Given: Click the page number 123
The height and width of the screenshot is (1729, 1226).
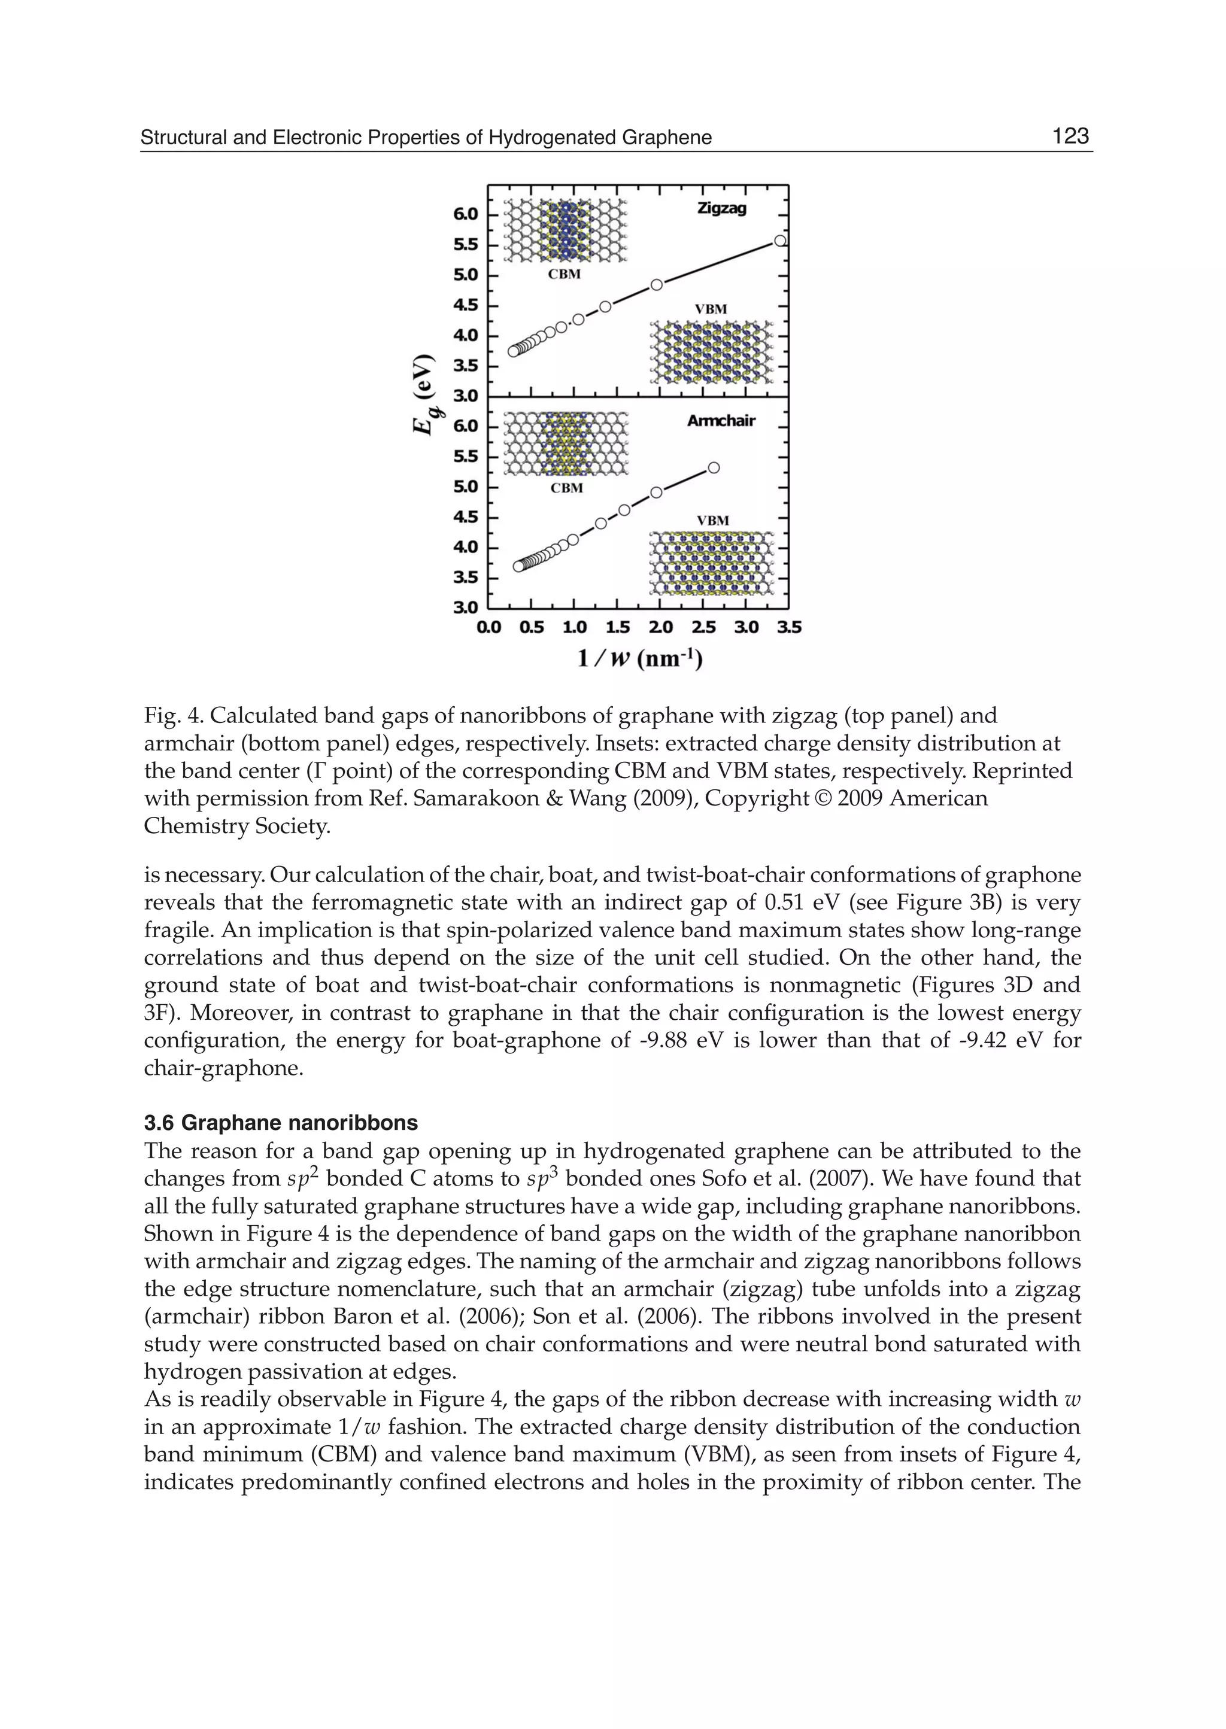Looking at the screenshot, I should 1070,136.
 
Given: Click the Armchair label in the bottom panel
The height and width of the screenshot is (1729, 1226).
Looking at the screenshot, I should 721,421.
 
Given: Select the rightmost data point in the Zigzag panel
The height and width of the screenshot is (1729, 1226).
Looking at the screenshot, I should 781,241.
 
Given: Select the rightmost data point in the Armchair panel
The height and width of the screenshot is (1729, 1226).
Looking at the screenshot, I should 714,468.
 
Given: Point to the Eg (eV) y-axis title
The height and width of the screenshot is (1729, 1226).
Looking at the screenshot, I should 426,394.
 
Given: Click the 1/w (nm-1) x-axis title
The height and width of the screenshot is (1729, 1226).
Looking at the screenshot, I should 639,659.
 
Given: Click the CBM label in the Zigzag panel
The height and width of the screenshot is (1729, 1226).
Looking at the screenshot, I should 564,275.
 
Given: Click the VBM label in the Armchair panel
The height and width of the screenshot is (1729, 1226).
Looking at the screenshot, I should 712,521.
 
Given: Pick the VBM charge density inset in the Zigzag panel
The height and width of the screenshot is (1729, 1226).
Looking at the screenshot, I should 712,353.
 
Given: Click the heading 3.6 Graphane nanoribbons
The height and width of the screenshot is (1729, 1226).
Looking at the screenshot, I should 281,1123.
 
